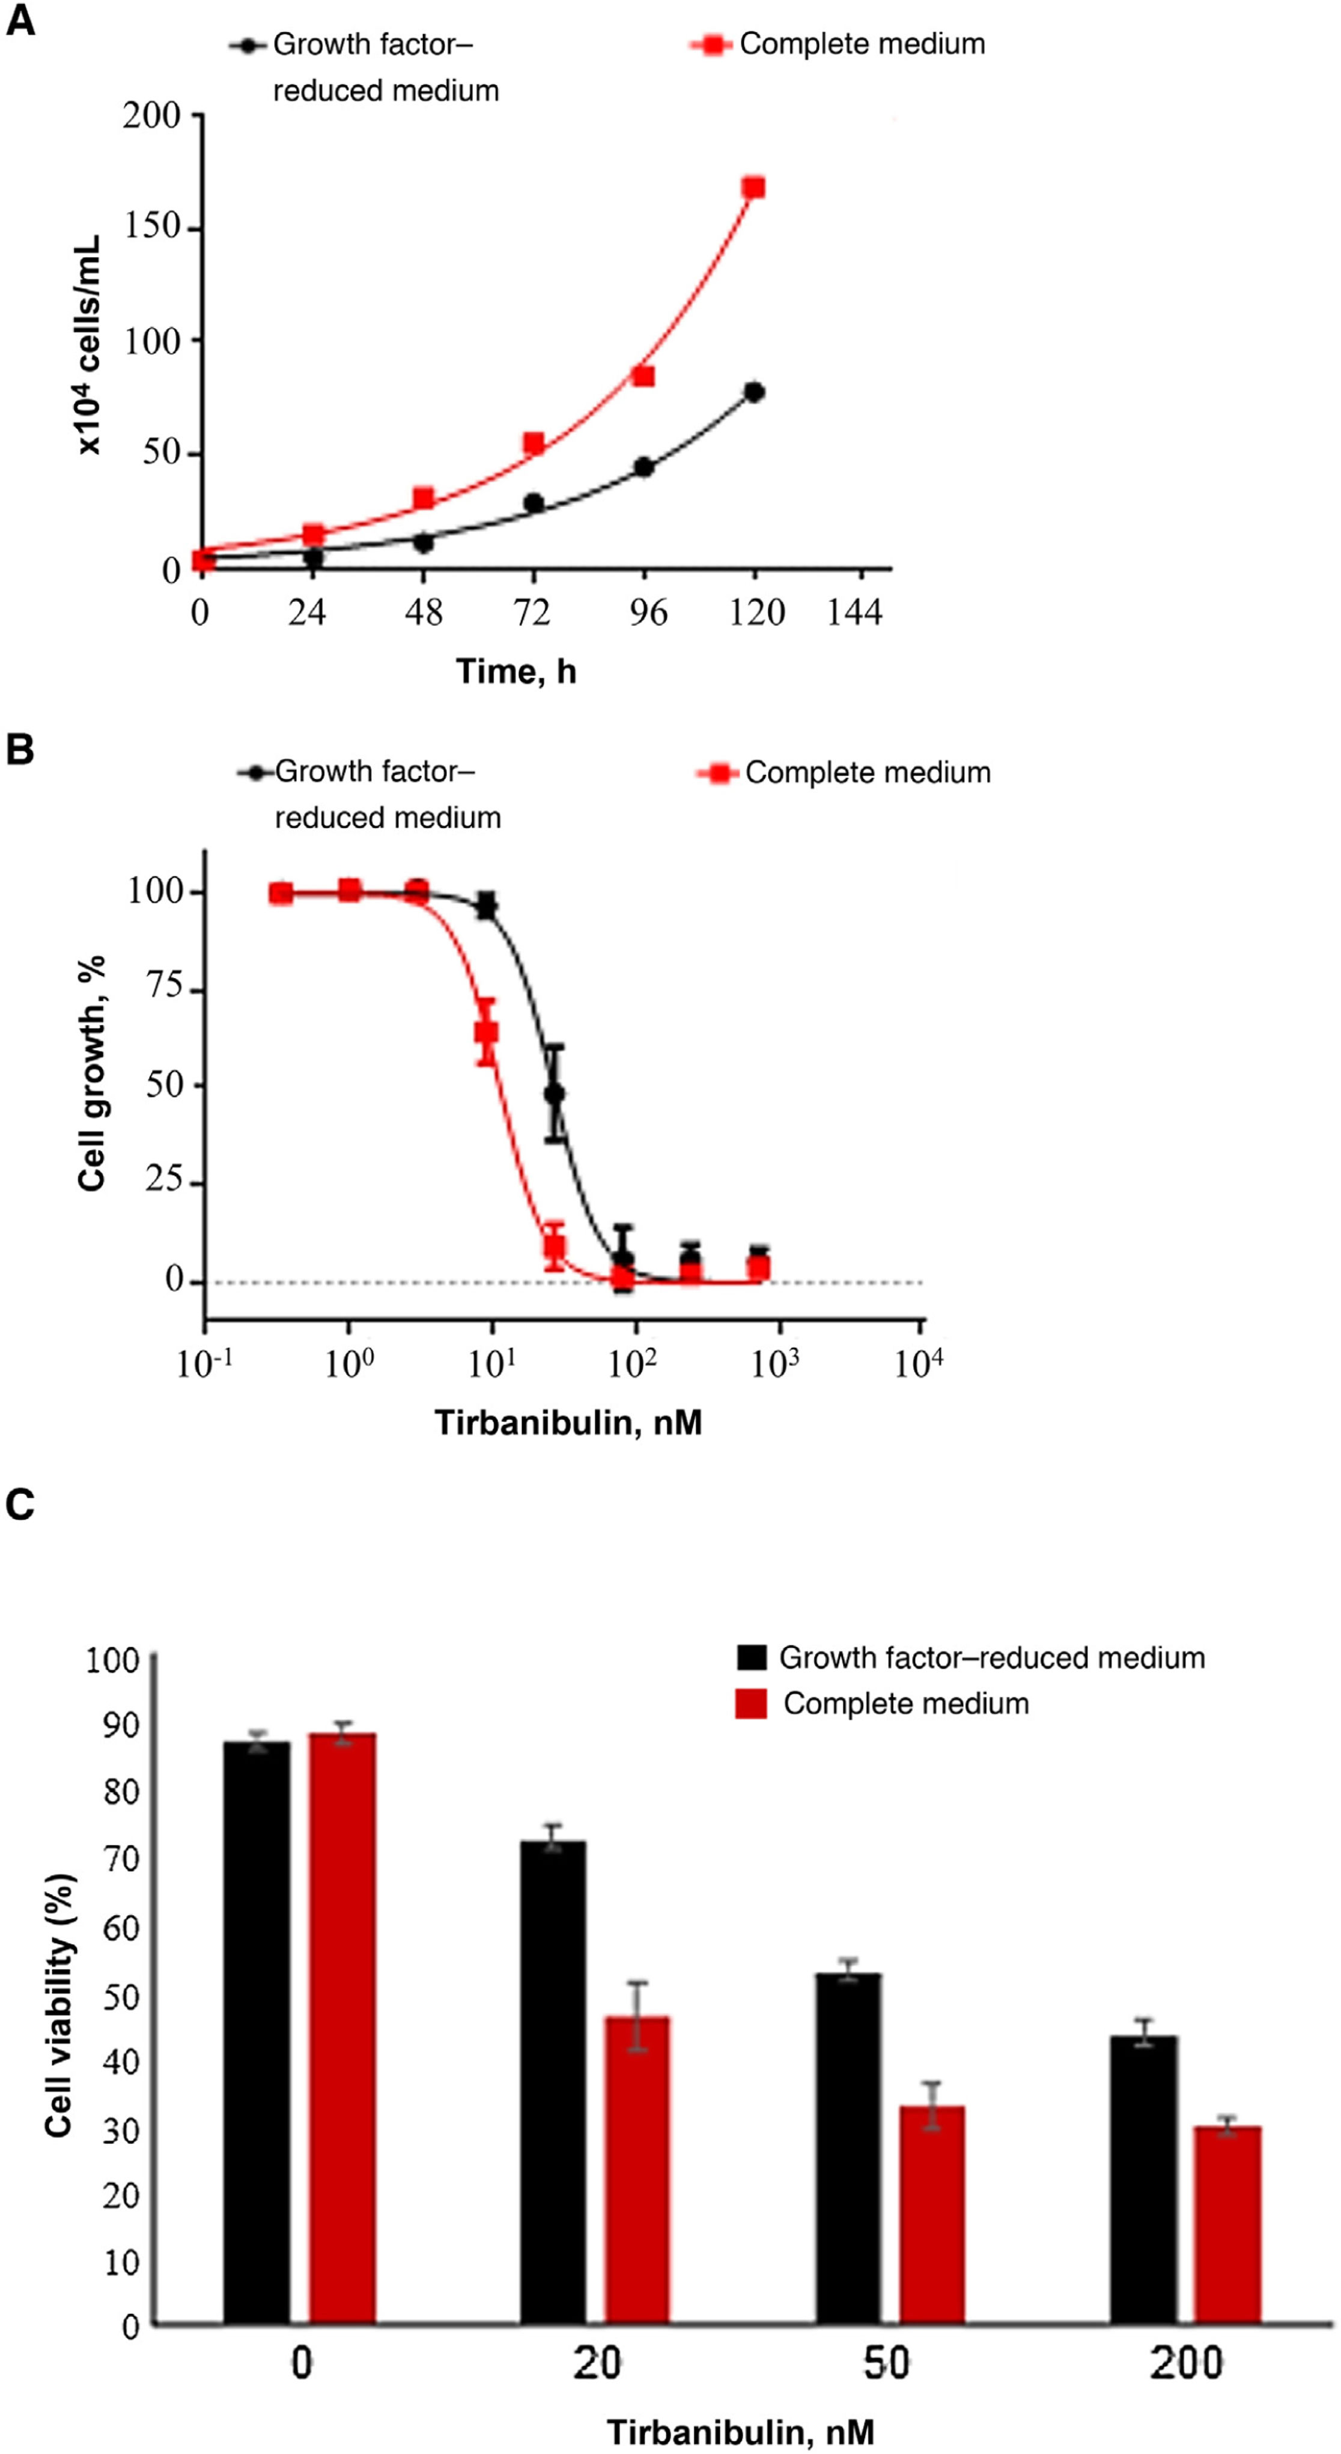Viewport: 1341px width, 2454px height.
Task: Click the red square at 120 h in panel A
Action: click(754, 187)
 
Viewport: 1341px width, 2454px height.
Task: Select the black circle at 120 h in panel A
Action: click(755, 392)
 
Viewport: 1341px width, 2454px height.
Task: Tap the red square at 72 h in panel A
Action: click(534, 444)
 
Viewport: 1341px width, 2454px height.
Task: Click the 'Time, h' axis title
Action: click(515, 672)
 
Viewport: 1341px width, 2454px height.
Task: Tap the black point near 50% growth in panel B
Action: click(555, 1093)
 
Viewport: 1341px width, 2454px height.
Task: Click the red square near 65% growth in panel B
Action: click(486, 1031)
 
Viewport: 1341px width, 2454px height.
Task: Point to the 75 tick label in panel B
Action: click(164, 987)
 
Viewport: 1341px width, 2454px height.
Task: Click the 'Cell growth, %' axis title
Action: click(91, 1073)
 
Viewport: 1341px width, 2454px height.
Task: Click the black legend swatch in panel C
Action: click(751, 1657)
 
